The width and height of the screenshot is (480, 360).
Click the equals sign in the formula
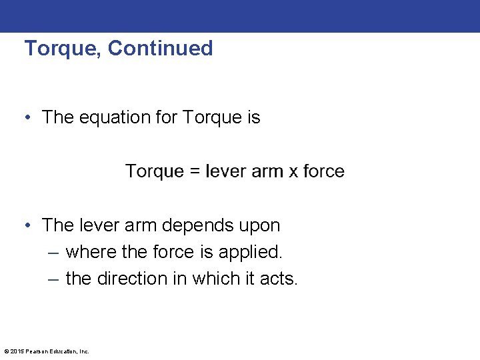tap(195, 171)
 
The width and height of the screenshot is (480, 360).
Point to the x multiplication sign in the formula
tap(293, 171)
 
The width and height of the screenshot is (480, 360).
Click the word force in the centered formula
tap(324, 171)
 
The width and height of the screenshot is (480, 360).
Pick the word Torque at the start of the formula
tap(154, 171)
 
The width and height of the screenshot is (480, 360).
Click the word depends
tap(189, 225)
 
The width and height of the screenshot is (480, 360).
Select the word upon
tap(259, 227)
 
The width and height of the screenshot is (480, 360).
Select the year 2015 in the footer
tap(17, 351)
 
